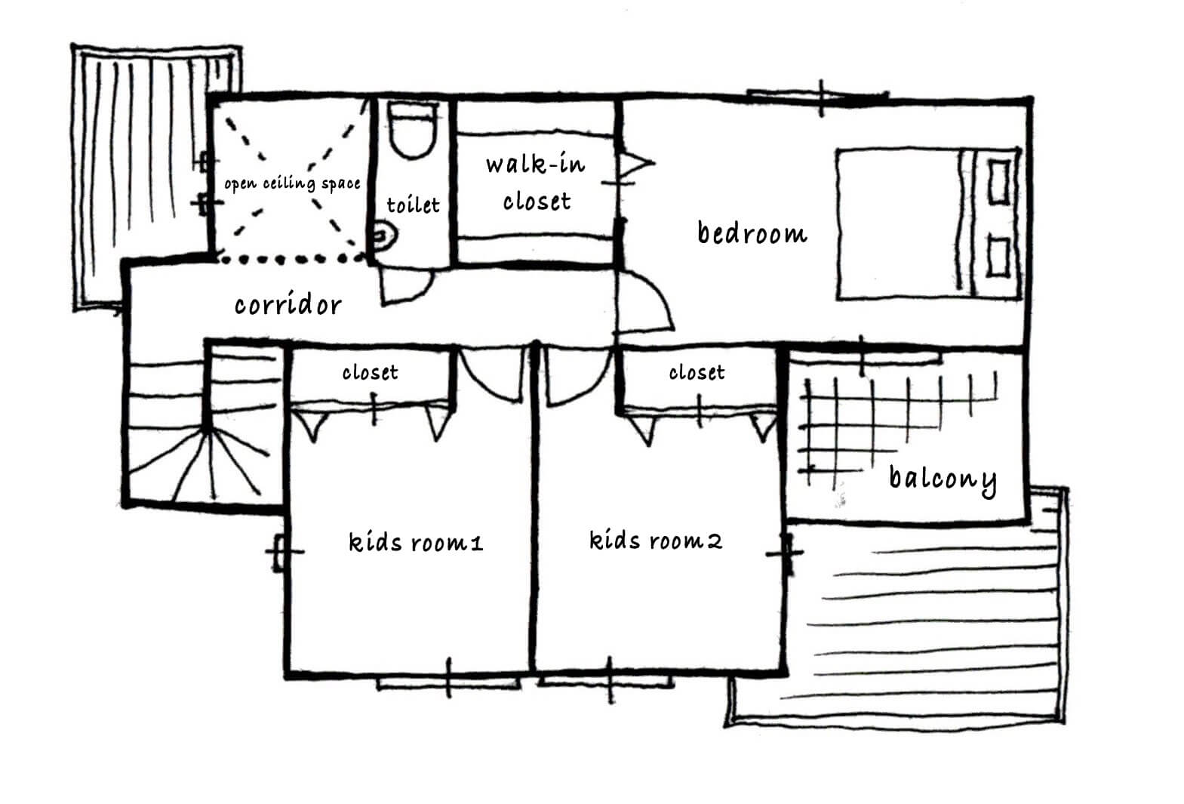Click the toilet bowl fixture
[413, 130]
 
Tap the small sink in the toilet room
[386, 236]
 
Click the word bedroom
[752, 233]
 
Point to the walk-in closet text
[536, 183]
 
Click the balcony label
[943, 480]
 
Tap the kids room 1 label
[416, 542]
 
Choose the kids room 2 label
[656, 540]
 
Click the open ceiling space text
[292, 183]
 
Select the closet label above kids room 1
[370, 372]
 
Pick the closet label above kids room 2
[697, 372]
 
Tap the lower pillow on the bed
[998, 257]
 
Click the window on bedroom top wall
[818, 97]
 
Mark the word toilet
[413, 205]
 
